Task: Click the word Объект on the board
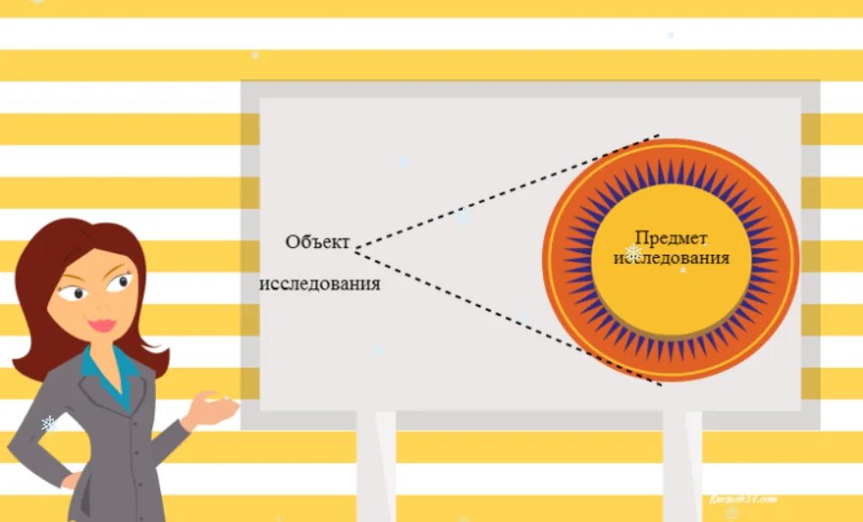click(x=317, y=242)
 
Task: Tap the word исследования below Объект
click(x=320, y=284)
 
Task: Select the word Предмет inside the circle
click(x=670, y=237)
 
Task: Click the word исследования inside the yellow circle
click(x=670, y=258)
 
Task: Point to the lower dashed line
click(x=506, y=315)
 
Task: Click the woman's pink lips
click(x=102, y=325)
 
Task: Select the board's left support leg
click(x=375, y=466)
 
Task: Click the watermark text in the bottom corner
click(x=741, y=500)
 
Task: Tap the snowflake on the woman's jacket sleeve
click(x=48, y=424)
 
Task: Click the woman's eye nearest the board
click(x=119, y=284)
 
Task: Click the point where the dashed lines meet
click(x=353, y=250)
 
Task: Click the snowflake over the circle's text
click(x=633, y=253)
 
